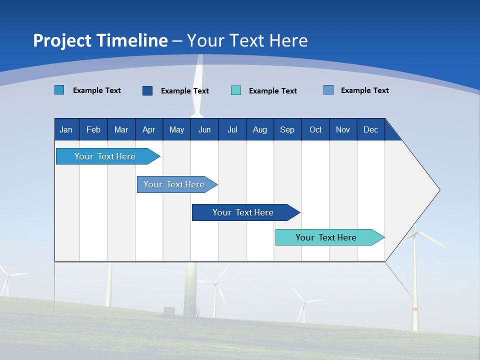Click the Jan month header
point(66,129)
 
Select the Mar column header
point(121,129)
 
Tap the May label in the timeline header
point(176,129)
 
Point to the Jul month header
point(232,129)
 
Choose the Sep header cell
point(287,129)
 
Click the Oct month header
point(315,129)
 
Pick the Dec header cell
point(370,129)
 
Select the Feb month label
point(93,129)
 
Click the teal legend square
point(236,90)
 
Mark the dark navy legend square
point(147,90)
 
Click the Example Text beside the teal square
point(272,91)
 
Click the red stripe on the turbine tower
point(415,309)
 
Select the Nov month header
point(343,129)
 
